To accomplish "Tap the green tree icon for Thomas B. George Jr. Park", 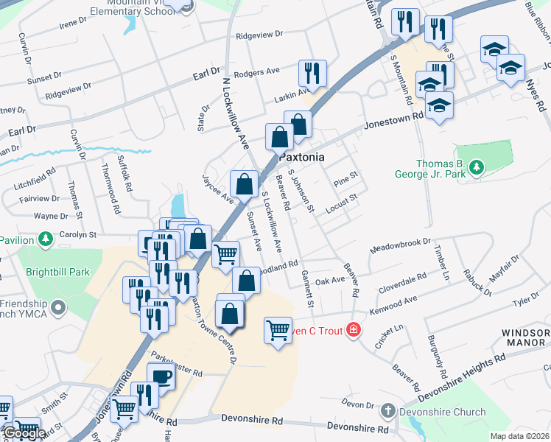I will [x=477, y=168].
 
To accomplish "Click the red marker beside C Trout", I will [x=354, y=330].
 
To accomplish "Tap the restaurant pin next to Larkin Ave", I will [x=312, y=74].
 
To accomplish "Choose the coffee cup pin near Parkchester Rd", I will [x=162, y=377].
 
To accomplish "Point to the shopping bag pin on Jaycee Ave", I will [x=244, y=183].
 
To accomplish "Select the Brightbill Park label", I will [x=57, y=272].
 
